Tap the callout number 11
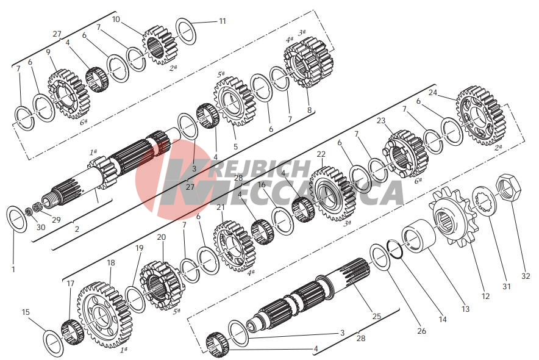tap(223, 21)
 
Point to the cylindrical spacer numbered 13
tap(419, 236)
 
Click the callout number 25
tap(377, 316)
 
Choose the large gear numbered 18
tap(105, 315)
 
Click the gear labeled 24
tap(481, 116)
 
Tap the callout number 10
tap(116, 20)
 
